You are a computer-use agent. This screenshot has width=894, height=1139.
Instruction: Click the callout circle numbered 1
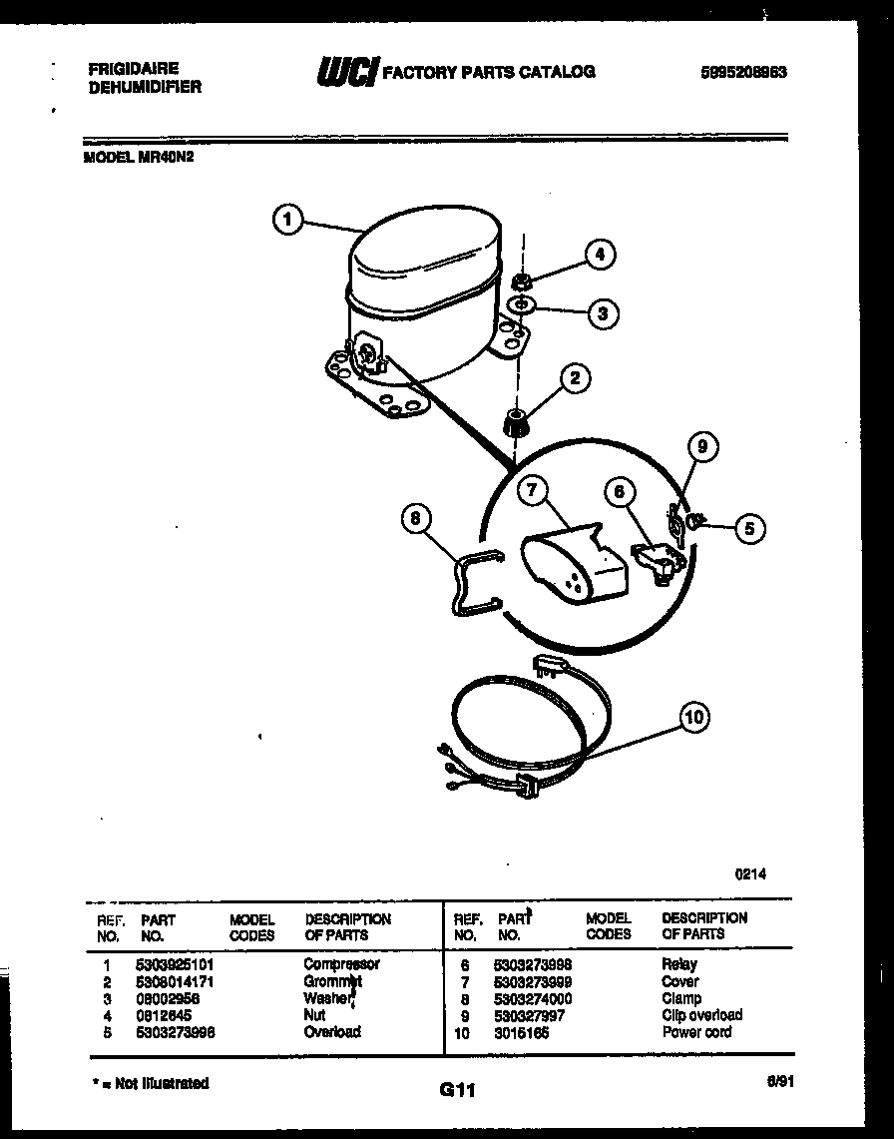(287, 220)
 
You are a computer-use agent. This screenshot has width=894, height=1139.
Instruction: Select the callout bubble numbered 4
(600, 255)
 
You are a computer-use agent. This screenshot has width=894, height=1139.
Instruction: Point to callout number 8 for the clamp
(417, 518)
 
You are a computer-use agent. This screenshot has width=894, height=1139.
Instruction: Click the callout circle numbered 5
(749, 528)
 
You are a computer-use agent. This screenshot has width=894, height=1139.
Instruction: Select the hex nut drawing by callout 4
(521, 280)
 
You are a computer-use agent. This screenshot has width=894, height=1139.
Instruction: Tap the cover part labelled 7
(573, 567)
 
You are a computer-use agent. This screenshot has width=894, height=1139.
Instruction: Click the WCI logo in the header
(346, 72)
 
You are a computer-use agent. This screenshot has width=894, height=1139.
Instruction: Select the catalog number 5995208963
(744, 72)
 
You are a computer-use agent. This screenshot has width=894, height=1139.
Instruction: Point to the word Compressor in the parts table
(341, 964)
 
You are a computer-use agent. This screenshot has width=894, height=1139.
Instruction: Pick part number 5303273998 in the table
(533, 964)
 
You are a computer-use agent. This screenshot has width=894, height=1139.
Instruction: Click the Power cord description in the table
(696, 1032)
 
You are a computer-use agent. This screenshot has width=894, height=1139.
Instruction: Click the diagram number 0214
(750, 874)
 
